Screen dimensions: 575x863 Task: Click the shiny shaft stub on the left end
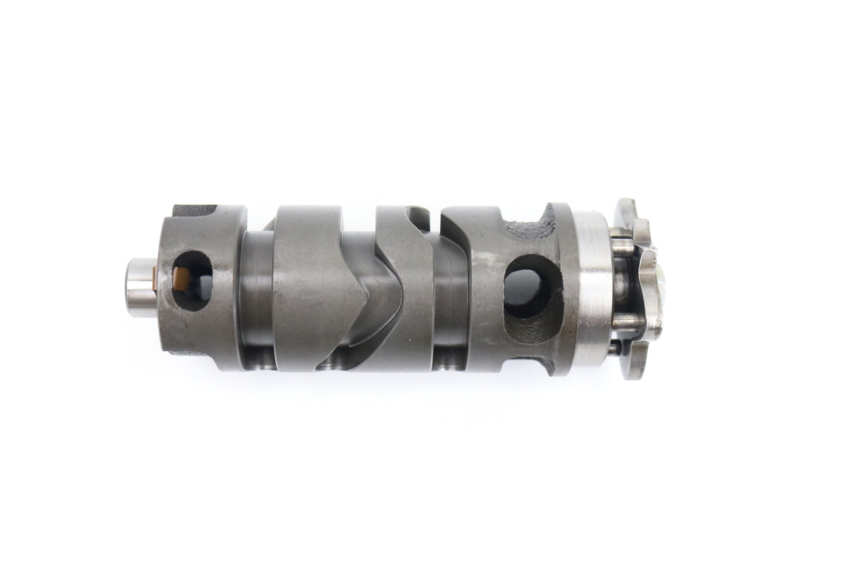click(x=140, y=288)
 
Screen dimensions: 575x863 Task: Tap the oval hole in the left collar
click(x=191, y=280)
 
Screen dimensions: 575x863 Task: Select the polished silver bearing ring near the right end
click(x=592, y=289)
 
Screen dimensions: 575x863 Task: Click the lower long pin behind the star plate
click(x=626, y=323)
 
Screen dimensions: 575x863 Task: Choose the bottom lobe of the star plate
click(x=634, y=367)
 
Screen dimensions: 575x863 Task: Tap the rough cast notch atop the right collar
click(x=532, y=223)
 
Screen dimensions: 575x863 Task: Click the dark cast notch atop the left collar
click(x=195, y=210)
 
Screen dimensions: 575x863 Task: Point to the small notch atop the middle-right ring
click(x=418, y=216)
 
